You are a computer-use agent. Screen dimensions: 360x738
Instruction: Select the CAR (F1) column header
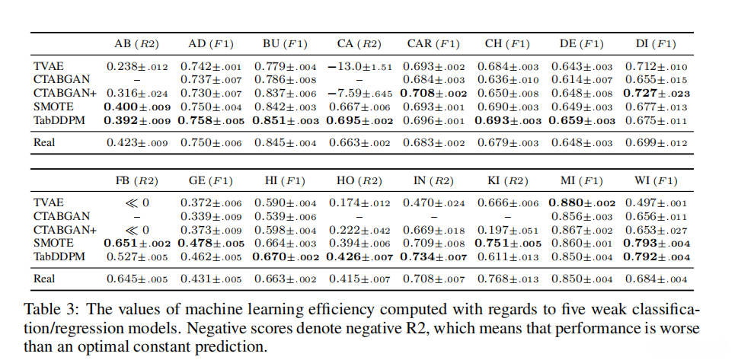[433, 43]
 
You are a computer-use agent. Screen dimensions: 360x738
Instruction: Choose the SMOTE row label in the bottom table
[53, 243]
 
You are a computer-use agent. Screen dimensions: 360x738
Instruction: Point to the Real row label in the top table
[45, 142]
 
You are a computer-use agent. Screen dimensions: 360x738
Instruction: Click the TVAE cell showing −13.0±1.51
[359, 67]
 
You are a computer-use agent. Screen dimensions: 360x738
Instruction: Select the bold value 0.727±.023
[656, 93]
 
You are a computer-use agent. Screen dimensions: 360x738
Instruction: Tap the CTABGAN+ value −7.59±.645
[359, 93]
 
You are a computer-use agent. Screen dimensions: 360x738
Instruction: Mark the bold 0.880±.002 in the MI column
[582, 202]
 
